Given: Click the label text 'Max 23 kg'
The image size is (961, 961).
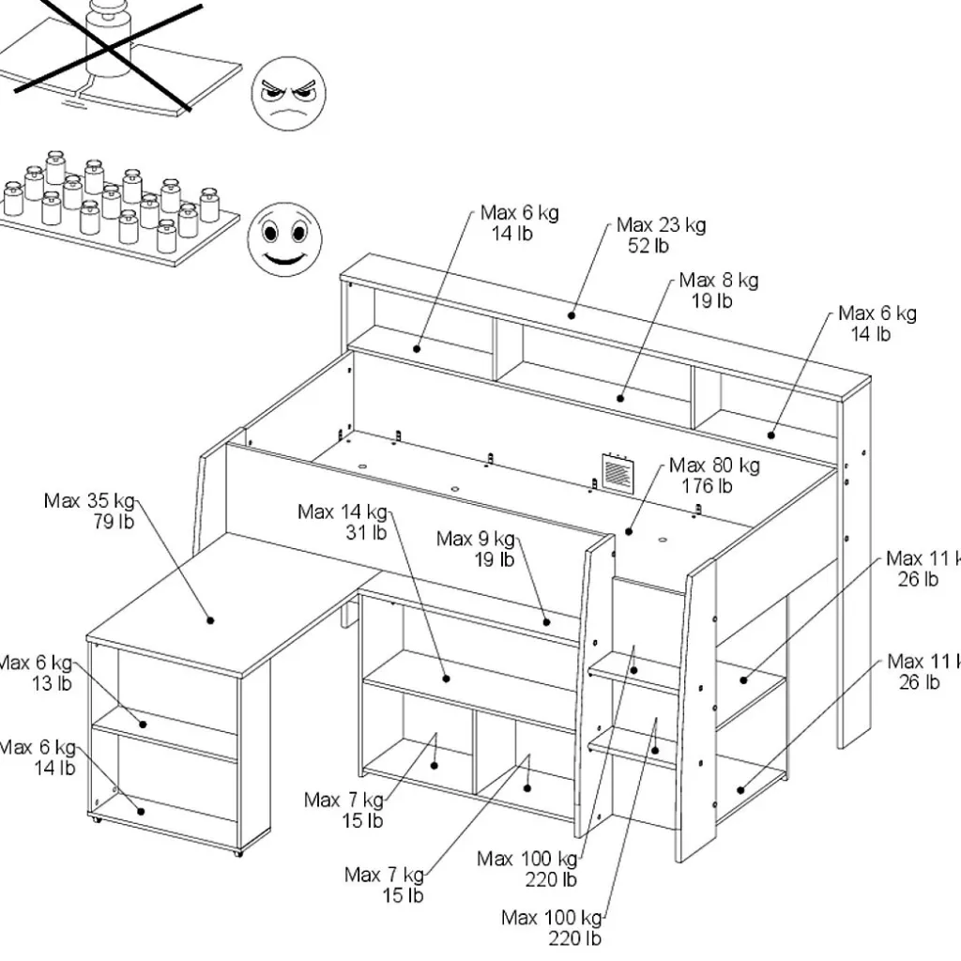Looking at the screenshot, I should [661, 225].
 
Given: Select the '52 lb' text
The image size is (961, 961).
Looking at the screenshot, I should [648, 246].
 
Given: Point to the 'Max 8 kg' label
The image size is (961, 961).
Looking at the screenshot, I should [719, 280].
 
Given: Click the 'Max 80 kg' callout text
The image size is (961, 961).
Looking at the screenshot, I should [715, 465].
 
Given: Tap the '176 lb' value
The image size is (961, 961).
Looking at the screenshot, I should [707, 486].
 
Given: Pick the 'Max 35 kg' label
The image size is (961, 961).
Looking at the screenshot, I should [89, 500].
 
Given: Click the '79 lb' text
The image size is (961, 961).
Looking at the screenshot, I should [114, 521].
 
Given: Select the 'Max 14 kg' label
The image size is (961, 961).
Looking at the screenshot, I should [342, 511].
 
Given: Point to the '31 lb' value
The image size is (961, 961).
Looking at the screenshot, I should [366, 532].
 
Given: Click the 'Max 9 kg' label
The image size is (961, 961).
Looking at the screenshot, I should [476, 539].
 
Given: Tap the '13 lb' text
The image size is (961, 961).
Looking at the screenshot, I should [52, 683].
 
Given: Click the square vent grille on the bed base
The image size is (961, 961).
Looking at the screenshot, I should [617, 472].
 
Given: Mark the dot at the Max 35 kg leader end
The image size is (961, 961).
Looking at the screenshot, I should [211, 619].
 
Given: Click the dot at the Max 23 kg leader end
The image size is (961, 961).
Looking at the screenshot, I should [571, 315].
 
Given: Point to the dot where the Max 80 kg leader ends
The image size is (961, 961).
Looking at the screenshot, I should [629, 532].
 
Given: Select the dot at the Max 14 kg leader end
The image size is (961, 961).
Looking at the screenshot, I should [447, 678].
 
